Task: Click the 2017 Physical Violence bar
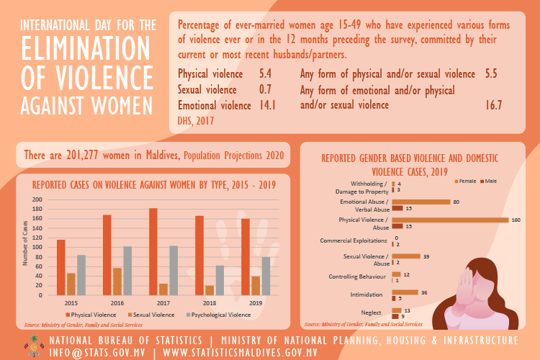click(x=153, y=251)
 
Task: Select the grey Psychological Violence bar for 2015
click(x=81, y=275)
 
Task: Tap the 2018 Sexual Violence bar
click(x=210, y=290)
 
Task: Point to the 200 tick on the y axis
click(x=37, y=199)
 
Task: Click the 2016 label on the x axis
click(x=117, y=303)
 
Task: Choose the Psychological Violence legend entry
click(x=218, y=315)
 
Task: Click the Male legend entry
click(x=489, y=181)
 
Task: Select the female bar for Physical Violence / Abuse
click(x=450, y=220)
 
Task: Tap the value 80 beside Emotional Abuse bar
click(x=456, y=202)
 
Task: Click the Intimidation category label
click(x=366, y=294)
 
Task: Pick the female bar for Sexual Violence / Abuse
click(x=406, y=256)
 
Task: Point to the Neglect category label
click(x=372, y=312)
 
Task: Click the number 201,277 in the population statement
click(x=82, y=156)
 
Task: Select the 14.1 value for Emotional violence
click(x=268, y=105)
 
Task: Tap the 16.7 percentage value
click(x=493, y=105)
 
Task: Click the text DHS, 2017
click(x=196, y=121)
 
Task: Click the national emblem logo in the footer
click(x=33, y=346)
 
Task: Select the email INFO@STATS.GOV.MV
click(x=97, y=353)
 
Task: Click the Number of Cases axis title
click(x=24, y=243)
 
